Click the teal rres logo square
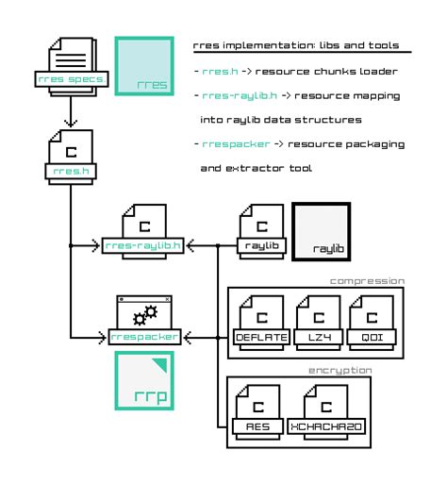143,67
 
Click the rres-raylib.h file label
143,246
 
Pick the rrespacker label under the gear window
143,336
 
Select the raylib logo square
323,230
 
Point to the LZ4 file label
313,336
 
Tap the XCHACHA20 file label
324,426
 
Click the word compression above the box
367,280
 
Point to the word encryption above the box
340,371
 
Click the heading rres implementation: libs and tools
295,44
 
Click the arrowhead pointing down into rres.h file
70,123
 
